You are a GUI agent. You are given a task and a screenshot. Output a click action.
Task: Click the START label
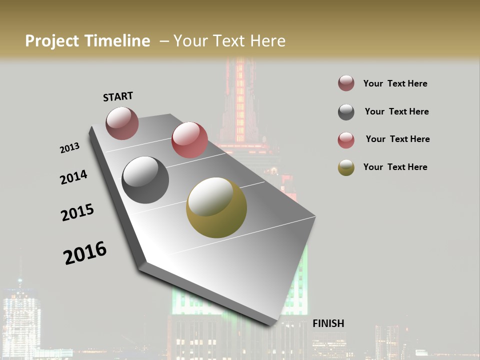tap(118, 96)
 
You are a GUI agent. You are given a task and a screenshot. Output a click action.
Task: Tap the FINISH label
tap(328, 323)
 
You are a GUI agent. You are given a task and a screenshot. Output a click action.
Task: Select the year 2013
tap(69, 148)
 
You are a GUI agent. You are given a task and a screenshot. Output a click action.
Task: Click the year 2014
tap(73, 177)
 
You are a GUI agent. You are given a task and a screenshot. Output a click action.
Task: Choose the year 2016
tap(85, 252)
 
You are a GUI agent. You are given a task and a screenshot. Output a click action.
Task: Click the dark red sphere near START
tap(122, 123)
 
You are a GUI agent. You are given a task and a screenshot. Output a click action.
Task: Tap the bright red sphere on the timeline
tap(189, 140)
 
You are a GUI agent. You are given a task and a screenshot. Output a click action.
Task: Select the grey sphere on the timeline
tap(145, 180)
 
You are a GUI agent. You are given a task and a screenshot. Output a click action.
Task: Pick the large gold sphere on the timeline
tap(216, 207)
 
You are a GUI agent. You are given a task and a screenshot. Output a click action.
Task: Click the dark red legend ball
tap(346, 83)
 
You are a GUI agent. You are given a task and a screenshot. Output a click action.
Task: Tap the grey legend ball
tap(346, 112)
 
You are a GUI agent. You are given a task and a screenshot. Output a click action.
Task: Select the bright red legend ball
tap(346, 140)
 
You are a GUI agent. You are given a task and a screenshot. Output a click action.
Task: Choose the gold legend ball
tap(346, 167)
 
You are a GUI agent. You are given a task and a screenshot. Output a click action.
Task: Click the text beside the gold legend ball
tap(395, 167)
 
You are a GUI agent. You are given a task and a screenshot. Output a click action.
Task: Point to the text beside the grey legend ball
tap(396, 111)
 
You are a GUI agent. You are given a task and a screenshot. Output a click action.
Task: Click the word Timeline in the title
tap(118, 41)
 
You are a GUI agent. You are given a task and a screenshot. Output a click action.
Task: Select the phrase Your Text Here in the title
tap(229, 41)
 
